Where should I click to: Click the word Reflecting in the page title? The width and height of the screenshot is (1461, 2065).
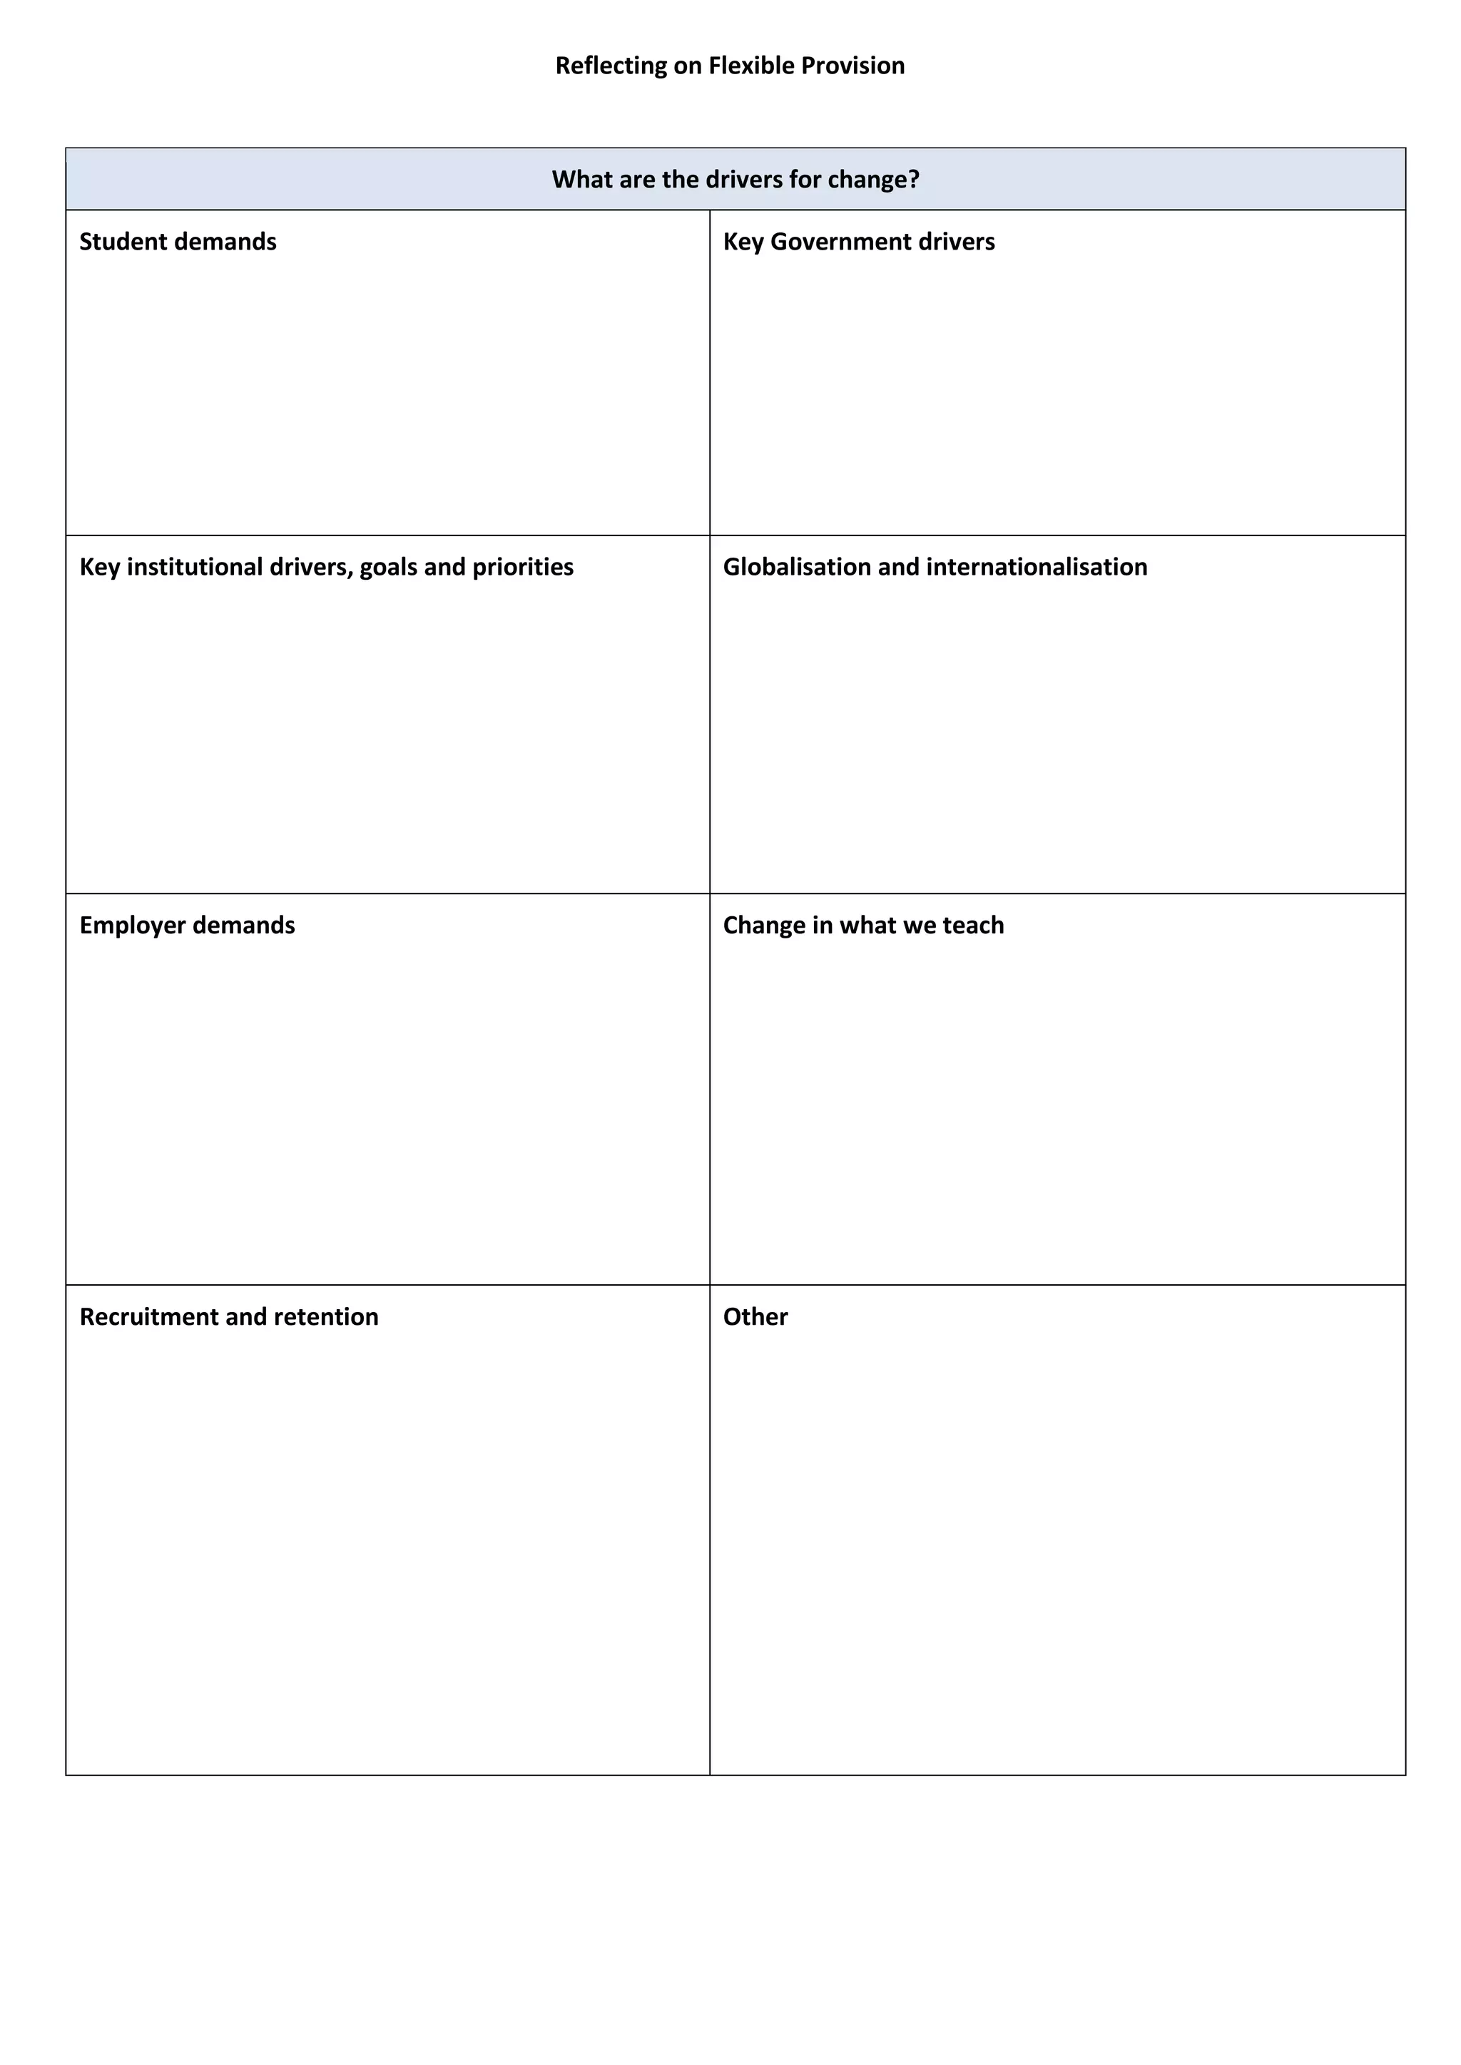point(611,66)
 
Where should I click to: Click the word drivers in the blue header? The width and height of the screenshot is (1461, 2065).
point(744,179)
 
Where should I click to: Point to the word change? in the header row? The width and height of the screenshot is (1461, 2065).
point(874,179)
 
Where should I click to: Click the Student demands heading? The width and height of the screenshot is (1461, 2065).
point(178,241)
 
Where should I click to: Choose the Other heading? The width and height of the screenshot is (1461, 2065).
point(755,1317)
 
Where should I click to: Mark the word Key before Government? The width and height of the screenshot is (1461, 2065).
point(743,241)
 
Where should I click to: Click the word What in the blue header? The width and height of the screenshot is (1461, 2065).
point(581,179)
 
